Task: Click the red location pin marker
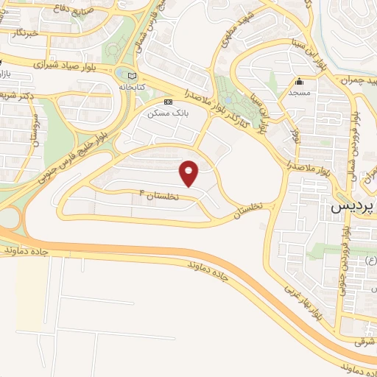point(189,172)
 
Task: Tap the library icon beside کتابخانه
point(132,75)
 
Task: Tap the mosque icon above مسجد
point(300,82)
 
